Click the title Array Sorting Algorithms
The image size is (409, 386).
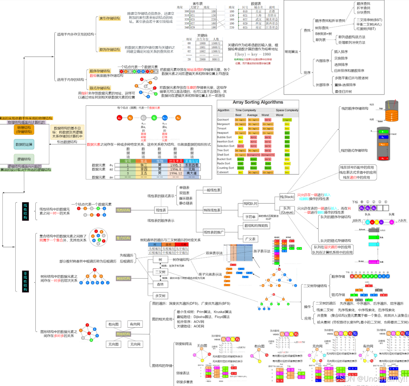(x=258, y=103)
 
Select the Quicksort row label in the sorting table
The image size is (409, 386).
(x=223, y=119)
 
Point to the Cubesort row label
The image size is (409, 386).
(x=223, y=172)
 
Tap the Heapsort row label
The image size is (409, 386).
(x=223, y=133)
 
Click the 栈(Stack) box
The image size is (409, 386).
(x=287, y=197)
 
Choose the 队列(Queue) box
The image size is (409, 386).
(x=287, y=210)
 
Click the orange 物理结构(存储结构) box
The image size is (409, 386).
(x=24, y=129)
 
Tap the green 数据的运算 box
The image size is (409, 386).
(x=24, y=144)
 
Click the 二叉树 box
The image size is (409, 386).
(x=160, y=272)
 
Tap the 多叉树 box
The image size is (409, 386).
(x=160, y=296)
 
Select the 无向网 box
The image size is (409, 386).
(x=134, y=344)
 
